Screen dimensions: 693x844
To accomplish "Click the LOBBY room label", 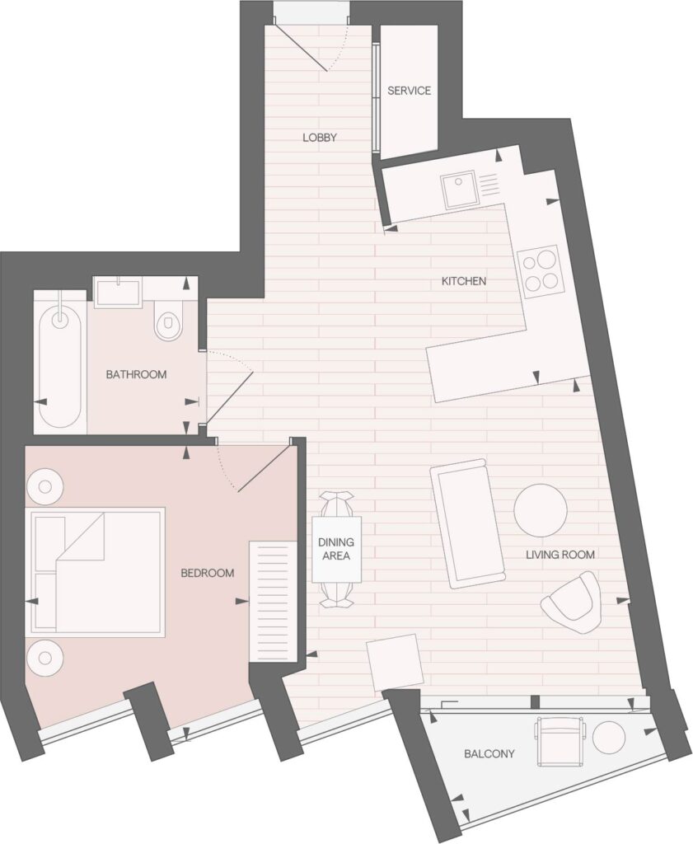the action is [x=320, y=138].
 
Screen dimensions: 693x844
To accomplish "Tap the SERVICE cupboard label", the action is [x=409, y=91].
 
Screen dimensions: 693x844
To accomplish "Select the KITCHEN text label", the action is [x=464, y=281].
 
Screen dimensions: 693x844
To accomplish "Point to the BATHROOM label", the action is [x=136, y=374].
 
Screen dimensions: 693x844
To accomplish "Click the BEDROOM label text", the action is [x=207, y=574].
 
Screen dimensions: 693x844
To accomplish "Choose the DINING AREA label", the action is [x=336, y=548].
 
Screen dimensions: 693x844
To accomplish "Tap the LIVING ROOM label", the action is [x=560, y=555].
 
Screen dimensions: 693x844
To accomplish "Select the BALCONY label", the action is [x=489, y=754].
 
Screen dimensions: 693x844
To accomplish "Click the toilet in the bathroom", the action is [x=169, y=321].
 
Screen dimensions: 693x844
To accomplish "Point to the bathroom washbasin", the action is [x=117, y=293].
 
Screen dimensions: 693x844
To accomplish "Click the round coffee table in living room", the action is [x=541, y=510].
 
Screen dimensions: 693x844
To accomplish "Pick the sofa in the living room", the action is [x=467, y=523].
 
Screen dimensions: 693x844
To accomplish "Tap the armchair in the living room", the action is [x=571, y=603].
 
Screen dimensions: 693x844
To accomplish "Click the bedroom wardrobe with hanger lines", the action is [x=274, y=602].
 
